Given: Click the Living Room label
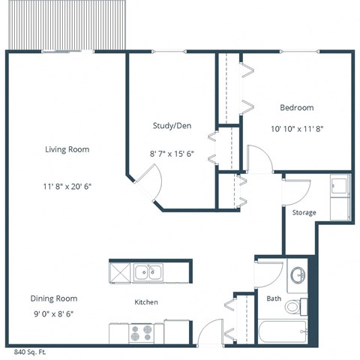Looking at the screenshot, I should [67, 149].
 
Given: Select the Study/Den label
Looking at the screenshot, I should [172, 125].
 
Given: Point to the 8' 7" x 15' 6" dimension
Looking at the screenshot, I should [172, 154].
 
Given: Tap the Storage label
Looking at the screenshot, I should [304, 212].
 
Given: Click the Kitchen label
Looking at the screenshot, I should [145, 302].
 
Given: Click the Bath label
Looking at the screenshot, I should [274, 298].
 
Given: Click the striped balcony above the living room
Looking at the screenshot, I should [51, 25].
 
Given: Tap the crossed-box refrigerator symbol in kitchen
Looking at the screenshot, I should [121, 271].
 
